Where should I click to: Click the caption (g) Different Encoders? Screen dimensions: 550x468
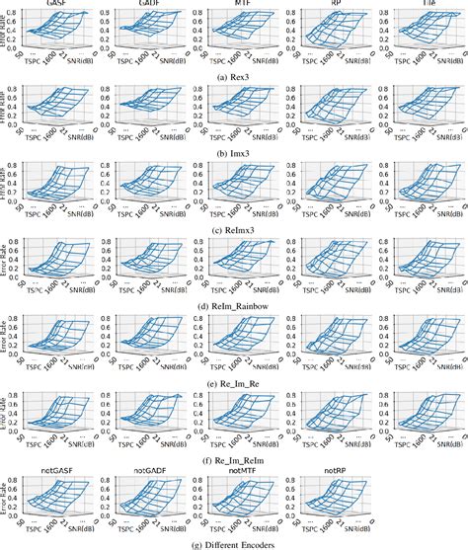(x=233, y=542)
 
